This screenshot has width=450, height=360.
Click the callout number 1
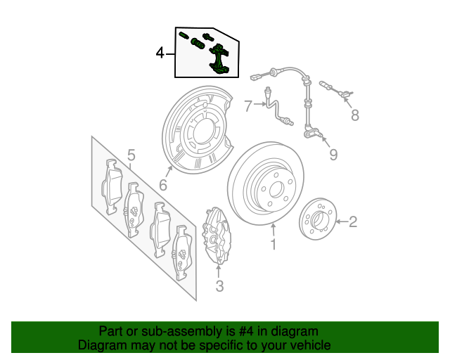point(274,245)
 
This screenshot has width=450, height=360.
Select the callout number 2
point(353,222)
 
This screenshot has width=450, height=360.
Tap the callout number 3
point(219,285)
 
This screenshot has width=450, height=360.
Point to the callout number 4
point(160,53)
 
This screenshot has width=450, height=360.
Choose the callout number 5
point(130,155)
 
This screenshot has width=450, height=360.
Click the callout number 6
point(162,186)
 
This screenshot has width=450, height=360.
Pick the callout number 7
point(247,106)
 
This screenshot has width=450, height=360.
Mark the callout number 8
point(354,115)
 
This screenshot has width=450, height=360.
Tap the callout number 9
point(333,154)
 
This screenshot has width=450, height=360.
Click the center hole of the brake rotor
point(276,188)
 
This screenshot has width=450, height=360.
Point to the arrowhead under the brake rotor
point(274,226)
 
